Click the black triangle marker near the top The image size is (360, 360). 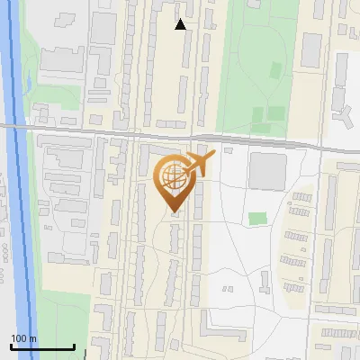(181, 24)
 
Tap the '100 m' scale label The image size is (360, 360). (24, 337)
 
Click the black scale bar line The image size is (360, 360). (42, 346)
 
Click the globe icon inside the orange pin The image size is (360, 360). (172, 180)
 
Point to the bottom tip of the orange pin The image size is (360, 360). (174, 213)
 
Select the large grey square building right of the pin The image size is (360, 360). (266, 171)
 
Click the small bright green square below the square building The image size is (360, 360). (258, 219)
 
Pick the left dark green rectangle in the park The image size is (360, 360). (259, 115)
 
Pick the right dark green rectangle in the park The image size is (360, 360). (277, 114)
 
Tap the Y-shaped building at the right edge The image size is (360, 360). (346, 114)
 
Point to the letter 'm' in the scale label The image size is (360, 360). (32, 337)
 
